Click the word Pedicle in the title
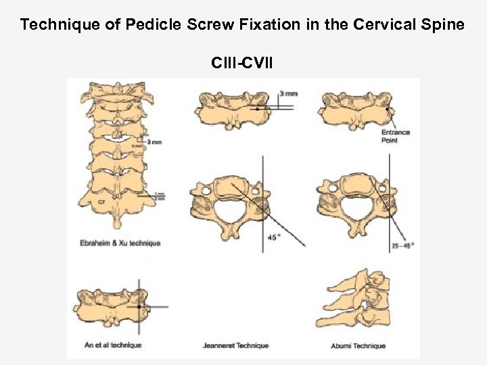click(157, 25)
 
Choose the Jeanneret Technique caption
click(236, 346)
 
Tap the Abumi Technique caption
click(359, 346)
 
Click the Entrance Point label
click(396, 136)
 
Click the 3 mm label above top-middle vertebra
click(288, 93)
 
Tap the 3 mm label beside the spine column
click(154, 142)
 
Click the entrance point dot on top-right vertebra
click(386, 109)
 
